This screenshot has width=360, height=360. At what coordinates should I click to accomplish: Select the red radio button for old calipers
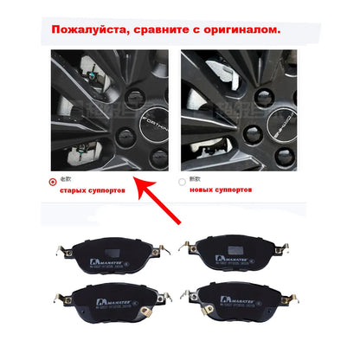[x=53, y=183]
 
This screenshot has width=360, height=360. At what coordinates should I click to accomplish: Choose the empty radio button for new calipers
[x=182, y=183]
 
